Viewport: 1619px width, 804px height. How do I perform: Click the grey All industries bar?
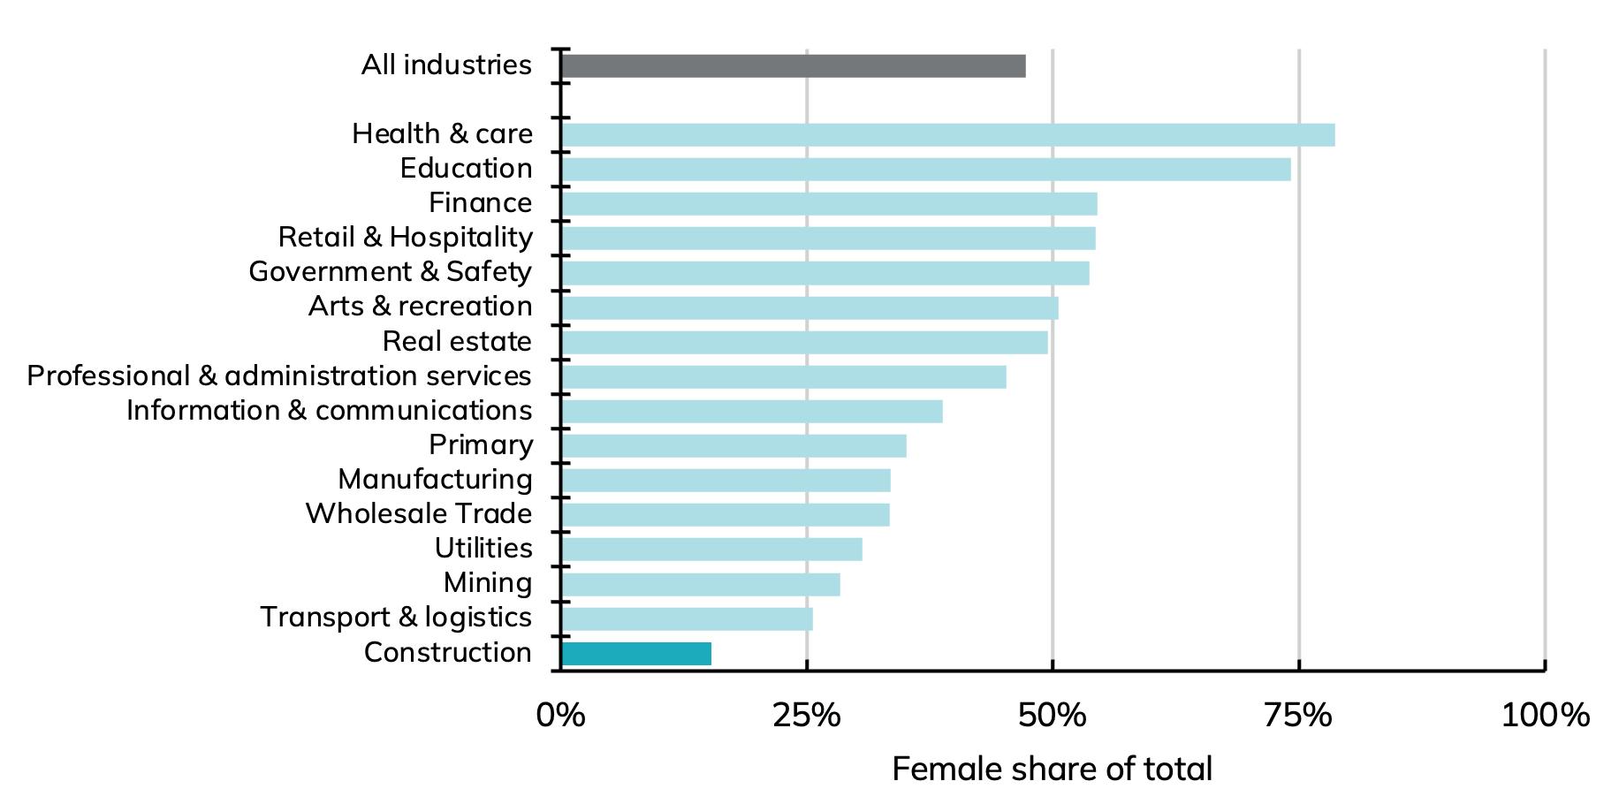[793, 66]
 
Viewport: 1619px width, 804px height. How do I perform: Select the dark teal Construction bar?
[636, 654]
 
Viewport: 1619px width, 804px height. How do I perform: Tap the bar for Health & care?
[947, 135]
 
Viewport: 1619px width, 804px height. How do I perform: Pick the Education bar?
[925, 170]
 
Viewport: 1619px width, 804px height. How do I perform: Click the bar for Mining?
[700, 585]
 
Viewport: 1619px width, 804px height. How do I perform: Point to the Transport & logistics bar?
[687, 619]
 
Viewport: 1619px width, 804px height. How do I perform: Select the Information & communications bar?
[751, 412]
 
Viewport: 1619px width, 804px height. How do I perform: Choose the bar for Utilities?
[711, 550]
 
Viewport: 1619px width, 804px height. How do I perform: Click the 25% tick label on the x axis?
[806, 715]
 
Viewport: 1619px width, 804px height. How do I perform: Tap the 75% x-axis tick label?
[1298, 715]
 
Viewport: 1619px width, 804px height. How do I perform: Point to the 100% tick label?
[1545, 715]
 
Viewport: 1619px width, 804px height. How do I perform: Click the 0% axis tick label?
[560, 715]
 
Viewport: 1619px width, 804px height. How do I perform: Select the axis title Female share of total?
[1052, 769]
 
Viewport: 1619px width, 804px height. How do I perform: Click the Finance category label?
[480, 203]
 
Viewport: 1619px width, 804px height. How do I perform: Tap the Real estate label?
[457, 341]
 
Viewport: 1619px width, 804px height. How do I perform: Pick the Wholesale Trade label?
[419, 514]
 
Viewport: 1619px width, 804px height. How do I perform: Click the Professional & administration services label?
[279, 376]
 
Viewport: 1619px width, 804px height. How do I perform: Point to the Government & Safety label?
[390, 272]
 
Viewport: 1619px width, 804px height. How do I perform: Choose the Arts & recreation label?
[420, 307]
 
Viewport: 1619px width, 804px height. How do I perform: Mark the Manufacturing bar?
[726, 481]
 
